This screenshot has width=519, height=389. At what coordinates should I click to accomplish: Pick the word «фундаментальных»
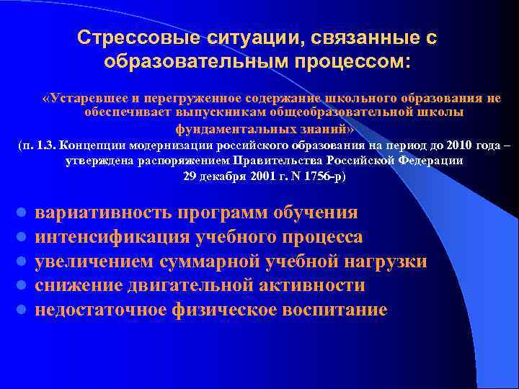point(223,128)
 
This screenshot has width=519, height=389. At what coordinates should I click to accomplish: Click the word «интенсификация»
point(111,238)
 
